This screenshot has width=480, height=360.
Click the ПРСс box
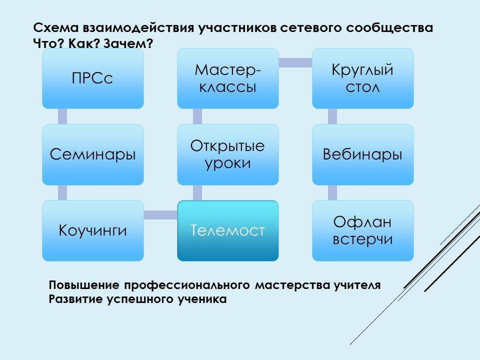pos(92,78)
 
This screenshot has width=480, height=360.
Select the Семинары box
pos(92,154)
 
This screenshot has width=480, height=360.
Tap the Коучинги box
pos(92,230)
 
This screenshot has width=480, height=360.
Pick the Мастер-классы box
pos(228,78)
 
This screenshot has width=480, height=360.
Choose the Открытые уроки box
pos(228,154)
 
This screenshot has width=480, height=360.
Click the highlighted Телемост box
pos(228,230)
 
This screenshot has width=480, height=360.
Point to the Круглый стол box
pos(363,78)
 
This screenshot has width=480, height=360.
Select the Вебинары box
pos(363,154)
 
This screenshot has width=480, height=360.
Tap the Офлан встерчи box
pos(363,230)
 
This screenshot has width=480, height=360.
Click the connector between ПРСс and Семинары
pos(62,116)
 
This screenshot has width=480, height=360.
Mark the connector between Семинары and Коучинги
pos(62,192)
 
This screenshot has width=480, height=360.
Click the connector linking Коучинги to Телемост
pos(160,214)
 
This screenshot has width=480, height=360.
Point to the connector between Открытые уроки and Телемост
pos(197,192)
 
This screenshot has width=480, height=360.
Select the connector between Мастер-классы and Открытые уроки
pos(197,116)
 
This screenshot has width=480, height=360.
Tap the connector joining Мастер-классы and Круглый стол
pos(295,62)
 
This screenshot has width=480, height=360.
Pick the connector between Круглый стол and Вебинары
pos(332,116)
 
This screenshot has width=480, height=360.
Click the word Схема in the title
pos(52,28)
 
